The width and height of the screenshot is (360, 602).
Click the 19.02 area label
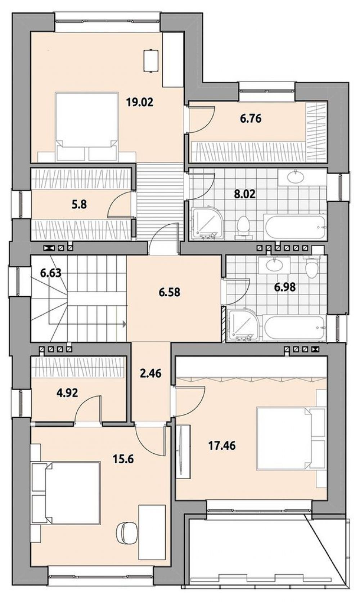(x=140, y=102)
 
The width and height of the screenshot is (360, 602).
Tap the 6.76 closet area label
(x=251, y=118)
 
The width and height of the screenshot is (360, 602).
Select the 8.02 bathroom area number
(x=244, y=194)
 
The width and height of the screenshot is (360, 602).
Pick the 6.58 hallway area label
(x=170, y=292)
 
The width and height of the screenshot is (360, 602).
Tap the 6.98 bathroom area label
(x=285, y=287)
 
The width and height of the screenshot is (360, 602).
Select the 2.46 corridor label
(x=151, y=373)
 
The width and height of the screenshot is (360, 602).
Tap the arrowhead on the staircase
(x=125, y=324)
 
